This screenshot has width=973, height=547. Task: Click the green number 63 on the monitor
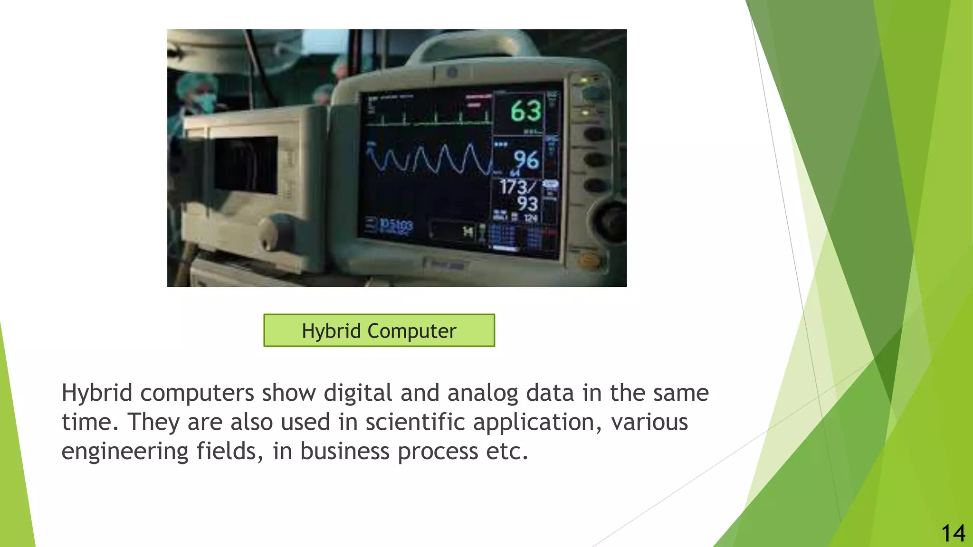point(526,111)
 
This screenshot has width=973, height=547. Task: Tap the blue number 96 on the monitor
point(526,160)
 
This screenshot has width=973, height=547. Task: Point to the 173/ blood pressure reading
point(517,187)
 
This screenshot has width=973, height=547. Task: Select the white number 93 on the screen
point(527,204)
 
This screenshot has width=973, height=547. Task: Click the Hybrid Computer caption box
point(379,330)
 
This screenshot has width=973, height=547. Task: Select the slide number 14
point(953,533)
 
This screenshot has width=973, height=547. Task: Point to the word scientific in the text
point(415,422)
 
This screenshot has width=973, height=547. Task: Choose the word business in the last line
point(344,451)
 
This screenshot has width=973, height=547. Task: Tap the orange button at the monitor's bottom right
point(590,260)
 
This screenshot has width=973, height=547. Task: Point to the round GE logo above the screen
point(451,73)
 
